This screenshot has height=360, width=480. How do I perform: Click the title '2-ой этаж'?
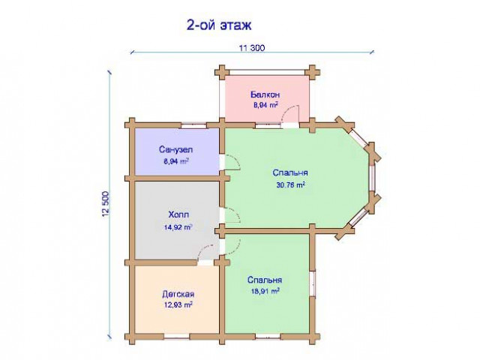(x=219, y=25)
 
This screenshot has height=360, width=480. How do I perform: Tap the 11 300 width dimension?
(x=252, y=48)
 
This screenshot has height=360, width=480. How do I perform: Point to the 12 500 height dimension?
(x=105, y=204)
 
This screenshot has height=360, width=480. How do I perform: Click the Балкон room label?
(x=265, y=94)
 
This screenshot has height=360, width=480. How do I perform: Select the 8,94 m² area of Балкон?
(x=265, y=105)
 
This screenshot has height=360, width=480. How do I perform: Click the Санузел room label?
(x=175, y=150)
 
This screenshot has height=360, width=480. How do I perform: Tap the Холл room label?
(x=178, y=214)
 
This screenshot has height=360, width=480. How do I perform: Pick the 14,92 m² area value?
(x=178, y=227)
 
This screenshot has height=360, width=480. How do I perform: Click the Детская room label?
(x=178, y=294)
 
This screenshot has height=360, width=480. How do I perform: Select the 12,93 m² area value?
(x=178, y=305)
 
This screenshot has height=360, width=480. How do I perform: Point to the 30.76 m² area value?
(x=290, y=185)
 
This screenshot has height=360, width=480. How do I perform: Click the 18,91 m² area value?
(x=265, y=291)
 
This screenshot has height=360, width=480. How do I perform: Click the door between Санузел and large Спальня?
(x=230, y=162)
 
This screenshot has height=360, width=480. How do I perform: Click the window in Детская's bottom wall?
(x=177, y=337)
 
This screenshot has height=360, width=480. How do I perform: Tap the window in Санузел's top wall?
(x=193, y=125)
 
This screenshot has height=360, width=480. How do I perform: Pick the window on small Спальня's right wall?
(x=312, y=283)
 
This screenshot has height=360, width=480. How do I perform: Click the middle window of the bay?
(x=372, y=178)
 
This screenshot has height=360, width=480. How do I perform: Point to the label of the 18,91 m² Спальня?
(x=265, y=280)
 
